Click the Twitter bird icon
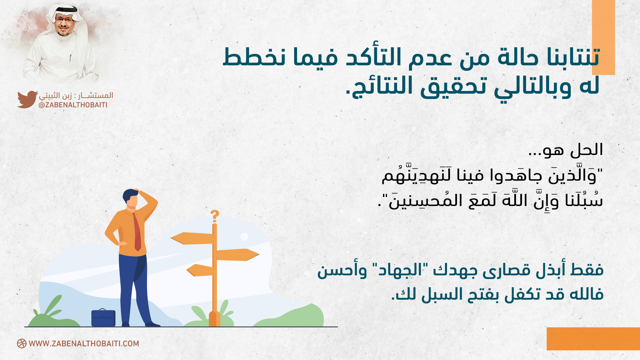coord(27,99)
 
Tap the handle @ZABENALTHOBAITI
coord(73,105)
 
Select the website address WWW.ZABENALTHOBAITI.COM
coord(84,344)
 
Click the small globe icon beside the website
coord(22,344)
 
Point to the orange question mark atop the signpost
coord(215,216)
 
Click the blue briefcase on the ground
coord(103,318)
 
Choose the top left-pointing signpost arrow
coord(192,238)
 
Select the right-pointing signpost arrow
coord(238,255)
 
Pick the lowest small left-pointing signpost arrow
coord(200,270)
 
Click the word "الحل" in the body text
coord(587,150)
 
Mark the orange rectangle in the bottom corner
coord(593,339)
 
